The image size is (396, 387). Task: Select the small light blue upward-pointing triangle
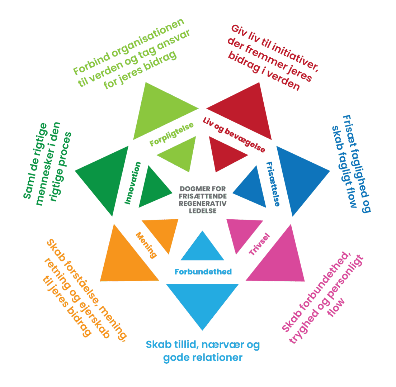tap(202, 249)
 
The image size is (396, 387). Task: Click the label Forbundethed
tap(203, 272)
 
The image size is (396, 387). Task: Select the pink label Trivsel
tap(259, 245)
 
